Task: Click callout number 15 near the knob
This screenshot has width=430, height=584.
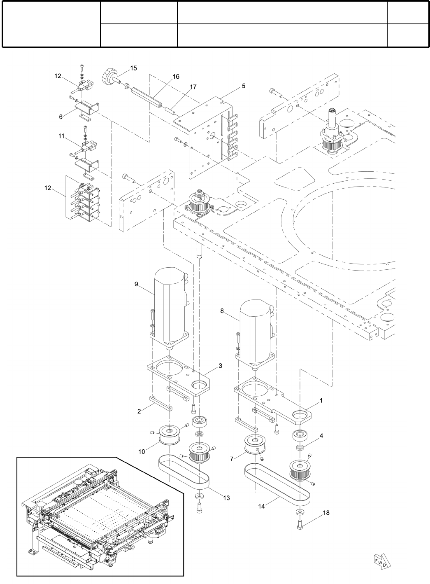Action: pyautogui.click(x=134, y=68)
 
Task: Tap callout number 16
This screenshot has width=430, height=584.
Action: pyautogui.click(x=176, y=77)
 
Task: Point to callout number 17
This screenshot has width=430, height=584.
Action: pyautogui.click(x=193, y=87)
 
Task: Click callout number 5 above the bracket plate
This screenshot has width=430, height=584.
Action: pyautogui.click(x=244, y=86)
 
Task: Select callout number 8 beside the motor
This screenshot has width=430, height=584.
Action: pyautogui.click(x=222, y=311)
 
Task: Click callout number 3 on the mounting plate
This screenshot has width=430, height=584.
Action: pyautogui.click(x=221, y=366)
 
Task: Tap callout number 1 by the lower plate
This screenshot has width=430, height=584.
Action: pyautogui.click(x=321, y=400)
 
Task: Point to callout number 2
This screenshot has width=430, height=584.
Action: pyautogui.click(x=139, y=411)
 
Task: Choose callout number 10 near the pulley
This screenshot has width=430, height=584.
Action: pyautogui.click(x=142, y=451)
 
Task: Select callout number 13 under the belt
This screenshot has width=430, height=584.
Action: pyautogui.click(x=226, y=498)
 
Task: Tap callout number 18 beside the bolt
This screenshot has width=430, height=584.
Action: pyautogui.click(x=326, y=513)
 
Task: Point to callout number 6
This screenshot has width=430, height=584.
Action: pyautogui.click(x=61, y=117)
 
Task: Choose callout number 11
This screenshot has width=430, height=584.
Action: pyautogui.click(x=61, y=135)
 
